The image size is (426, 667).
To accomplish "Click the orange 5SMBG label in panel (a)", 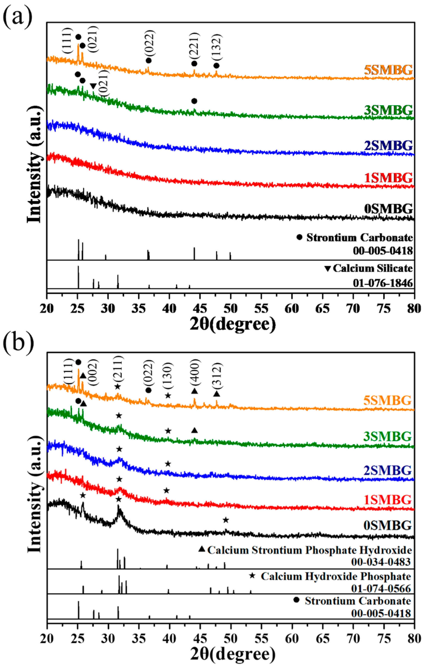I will (x=388, y=70).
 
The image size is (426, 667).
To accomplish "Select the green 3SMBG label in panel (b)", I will (x=387, y=437).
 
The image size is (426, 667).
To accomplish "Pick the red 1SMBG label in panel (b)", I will (x=387, y=500).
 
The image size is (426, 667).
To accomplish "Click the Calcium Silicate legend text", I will (x=373, y=268).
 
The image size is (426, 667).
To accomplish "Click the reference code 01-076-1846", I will (x=383, y=283).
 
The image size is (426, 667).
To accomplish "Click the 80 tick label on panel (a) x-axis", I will (x=414, y=308).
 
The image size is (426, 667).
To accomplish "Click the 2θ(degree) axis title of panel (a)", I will (x=233, y=324).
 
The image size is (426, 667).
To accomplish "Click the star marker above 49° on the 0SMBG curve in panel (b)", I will (x=226, y=520).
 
